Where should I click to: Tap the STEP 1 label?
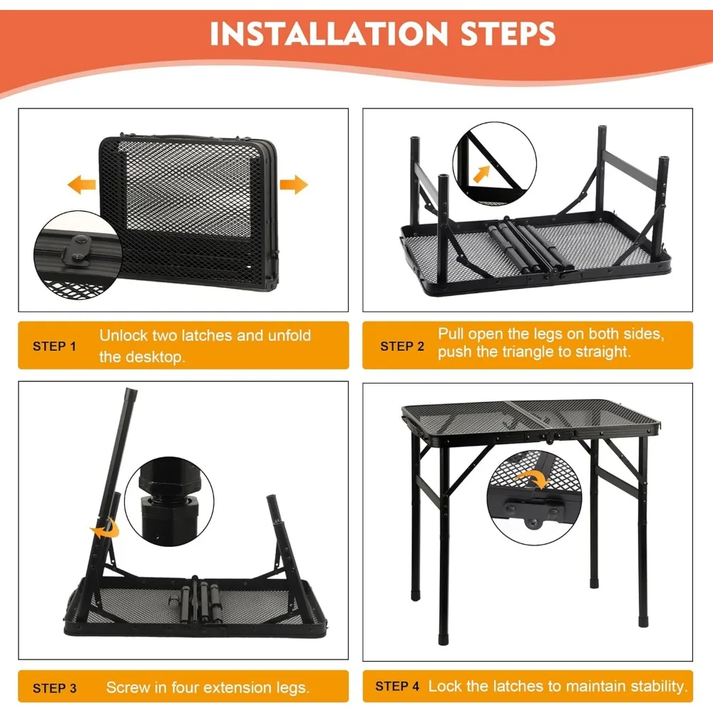(x=54, y=347)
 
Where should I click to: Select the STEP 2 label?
(x=402, y=346)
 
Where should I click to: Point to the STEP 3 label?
(x=54, y=688)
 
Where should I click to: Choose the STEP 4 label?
(x=397, y=686)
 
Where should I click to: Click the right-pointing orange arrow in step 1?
(x=293, y=186)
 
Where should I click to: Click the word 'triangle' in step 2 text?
(x=513, y=352)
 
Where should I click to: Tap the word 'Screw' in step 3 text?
(x=129, y=688)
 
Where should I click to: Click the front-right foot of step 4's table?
(x=644, y=619)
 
